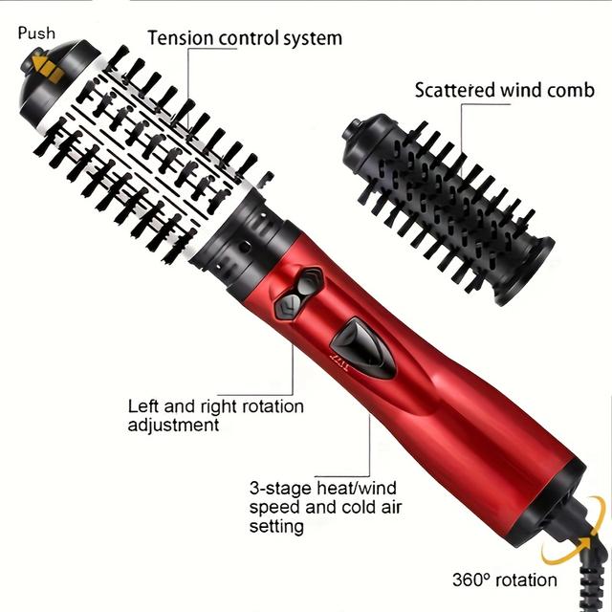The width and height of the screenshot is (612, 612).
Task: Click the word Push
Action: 36,33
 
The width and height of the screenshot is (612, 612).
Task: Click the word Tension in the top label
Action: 181,38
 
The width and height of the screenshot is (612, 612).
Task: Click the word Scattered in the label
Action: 455,90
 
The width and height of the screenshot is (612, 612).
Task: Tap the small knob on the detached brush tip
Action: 353,128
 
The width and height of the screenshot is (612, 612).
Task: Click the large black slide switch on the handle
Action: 363,348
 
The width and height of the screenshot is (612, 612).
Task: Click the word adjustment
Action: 173,425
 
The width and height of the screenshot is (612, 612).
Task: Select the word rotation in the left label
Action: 273,406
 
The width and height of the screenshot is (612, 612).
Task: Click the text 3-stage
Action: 281,489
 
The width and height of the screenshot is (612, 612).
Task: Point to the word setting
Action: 276,527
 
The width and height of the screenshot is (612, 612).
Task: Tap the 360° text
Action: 470,580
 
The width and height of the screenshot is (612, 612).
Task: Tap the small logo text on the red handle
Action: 339,362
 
